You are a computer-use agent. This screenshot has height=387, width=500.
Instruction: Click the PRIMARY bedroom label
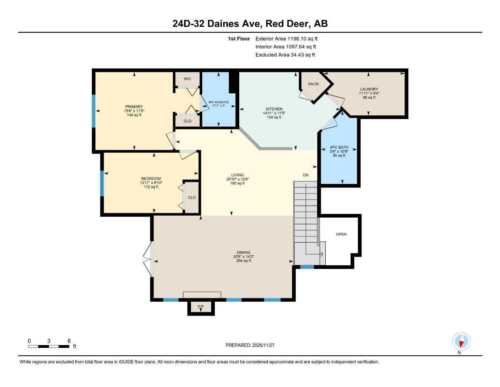click(x=134, y=107)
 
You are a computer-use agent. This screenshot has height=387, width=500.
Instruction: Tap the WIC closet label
click(x=187, y=79)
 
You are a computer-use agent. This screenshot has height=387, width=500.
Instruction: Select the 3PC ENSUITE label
click(x=218, y=102)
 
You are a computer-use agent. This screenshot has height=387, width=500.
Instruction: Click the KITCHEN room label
click(x=274, y=109)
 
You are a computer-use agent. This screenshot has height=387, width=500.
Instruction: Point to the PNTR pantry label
click(x=313, y=84)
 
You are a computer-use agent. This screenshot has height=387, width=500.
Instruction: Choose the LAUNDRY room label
click(x=369, y=89)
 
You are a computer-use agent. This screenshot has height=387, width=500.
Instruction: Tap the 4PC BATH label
click(x=339, y=147)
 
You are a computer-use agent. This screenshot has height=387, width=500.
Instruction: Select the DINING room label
click(x=242, y=252)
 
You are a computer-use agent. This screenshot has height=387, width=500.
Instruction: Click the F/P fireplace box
click(x=201, y=307)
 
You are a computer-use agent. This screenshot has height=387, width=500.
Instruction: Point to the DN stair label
click(x=306, y=175)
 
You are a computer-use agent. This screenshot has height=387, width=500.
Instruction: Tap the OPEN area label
click(x=341, y=234)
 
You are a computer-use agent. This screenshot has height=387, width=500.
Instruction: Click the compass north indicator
click(x=461, y=342)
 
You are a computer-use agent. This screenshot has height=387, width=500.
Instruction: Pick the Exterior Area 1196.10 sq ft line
click(x=286, y=39)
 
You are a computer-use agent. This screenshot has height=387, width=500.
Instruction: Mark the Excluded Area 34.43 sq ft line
click(x=285, y=55)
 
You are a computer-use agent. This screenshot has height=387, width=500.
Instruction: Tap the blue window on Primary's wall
click(x=94, y=111)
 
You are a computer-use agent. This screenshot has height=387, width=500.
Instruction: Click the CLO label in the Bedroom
click(x=192, y=197)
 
